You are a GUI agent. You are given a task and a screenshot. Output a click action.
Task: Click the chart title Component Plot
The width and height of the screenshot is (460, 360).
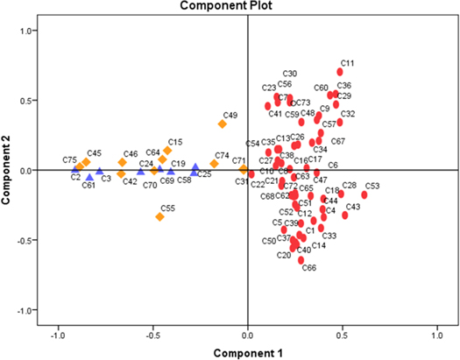pyautogui.click(x=230, y=6)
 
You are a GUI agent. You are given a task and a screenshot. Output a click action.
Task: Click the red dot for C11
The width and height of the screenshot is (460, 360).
pyautogui.click(x=341, y=72)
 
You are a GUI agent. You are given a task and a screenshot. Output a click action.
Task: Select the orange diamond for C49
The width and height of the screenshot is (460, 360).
pyautogui.click(x=223, y=124)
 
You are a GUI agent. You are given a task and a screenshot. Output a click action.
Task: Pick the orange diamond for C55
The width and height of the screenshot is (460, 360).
pyautogui.click(x=159, y=216)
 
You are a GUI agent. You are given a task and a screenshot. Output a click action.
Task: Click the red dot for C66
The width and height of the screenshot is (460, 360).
pyautogui.click(x=301, y=260)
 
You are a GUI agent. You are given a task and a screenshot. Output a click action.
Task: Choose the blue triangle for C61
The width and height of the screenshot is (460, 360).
pyautogui.click(x=89, y=177)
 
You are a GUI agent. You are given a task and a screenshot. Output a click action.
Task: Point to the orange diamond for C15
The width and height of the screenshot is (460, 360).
pyautogui.click(x=167, y=151)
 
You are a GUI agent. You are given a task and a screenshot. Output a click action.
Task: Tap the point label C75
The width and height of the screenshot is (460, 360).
pyautogui.click(x=70, y=159)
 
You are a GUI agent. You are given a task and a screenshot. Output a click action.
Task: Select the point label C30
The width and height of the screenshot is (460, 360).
pyautogui.click(x=290, y=74)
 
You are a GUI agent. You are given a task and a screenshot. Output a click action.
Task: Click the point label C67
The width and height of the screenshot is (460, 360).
pyautogui.click(x=338, y=141)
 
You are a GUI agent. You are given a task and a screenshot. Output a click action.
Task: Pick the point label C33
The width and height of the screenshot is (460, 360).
pyautogui.click(x=329, y=236)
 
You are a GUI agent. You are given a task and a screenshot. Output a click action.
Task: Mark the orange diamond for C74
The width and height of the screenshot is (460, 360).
pyautogui.click(x=215, y=164)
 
